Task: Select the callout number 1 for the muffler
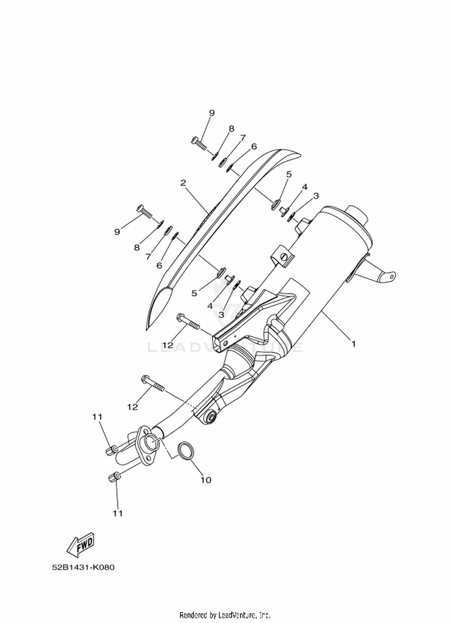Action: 354,343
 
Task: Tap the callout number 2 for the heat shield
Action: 183,183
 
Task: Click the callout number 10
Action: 206,480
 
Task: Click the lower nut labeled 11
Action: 113,477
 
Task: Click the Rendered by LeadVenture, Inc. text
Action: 225,614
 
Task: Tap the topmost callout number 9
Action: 212,113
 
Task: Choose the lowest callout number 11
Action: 118,513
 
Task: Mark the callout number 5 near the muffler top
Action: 289,174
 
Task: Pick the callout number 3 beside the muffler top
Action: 316,196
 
